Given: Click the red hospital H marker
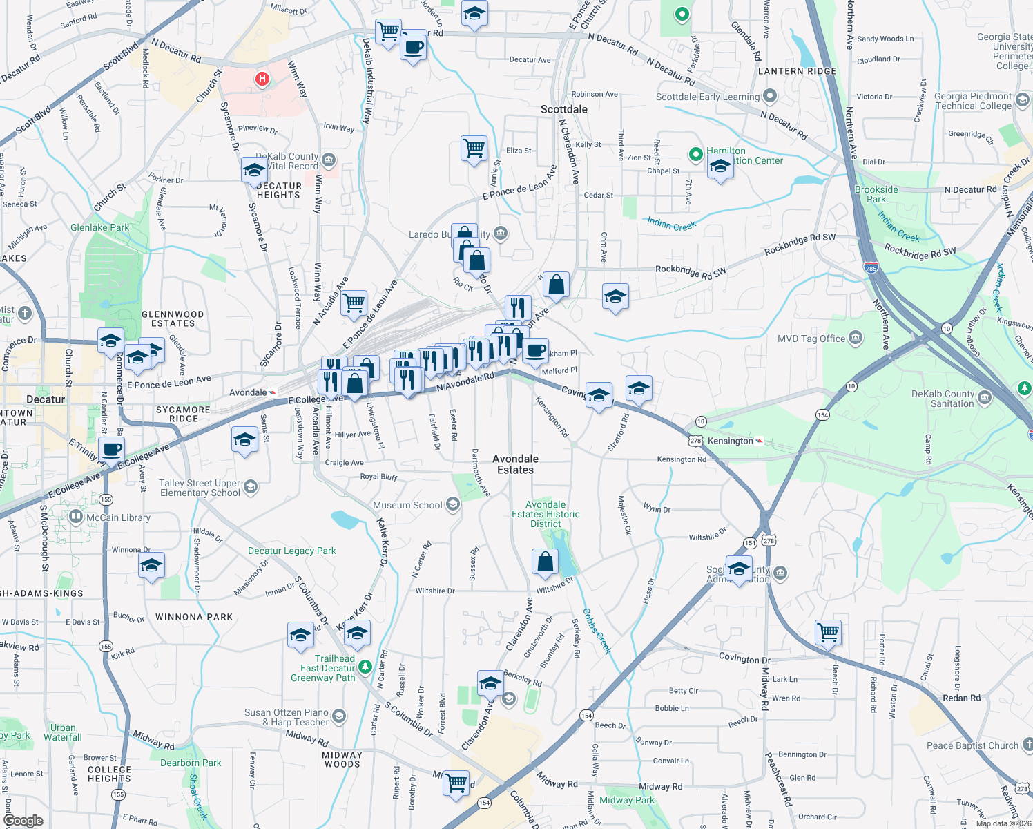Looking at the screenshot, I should pos(262,79).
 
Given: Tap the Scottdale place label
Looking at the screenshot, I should pos(564,109).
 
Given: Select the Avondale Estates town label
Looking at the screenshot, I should pos(516,464).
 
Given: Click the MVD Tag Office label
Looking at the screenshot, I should pos(811,339).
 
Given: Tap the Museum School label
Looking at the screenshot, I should pos(407,505).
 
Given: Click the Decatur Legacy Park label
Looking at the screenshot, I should pos(292,551).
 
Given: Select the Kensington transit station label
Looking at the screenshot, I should pos(731,441).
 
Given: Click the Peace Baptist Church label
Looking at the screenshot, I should pos(972,745).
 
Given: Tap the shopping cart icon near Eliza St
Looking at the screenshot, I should pos(474,147).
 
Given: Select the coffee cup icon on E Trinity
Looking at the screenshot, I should pos(112,450).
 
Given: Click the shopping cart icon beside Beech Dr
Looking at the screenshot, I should pos(828,631).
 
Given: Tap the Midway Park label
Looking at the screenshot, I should pos(627,800).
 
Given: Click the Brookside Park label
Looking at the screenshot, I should pos(876,194).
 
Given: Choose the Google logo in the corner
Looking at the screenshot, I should pos(23,821).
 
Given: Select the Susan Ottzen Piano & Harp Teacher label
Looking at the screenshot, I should pos(287,717).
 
